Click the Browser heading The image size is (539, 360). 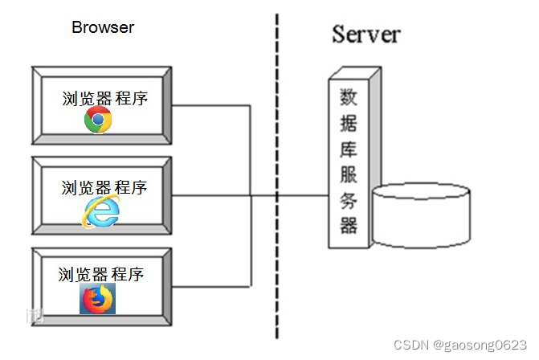(103, 27)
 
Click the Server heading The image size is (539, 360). (365, 34)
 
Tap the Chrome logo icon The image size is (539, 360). (98, 121)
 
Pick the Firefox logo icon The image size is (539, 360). (98, 299)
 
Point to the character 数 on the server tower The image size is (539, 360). (349, 99)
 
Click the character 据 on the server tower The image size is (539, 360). (349, 125)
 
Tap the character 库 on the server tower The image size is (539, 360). (349, 149)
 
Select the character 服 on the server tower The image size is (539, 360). (349, 174)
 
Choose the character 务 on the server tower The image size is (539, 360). (349, 199)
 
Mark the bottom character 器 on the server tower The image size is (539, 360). (349, 224)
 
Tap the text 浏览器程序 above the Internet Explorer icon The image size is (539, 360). (104, 188)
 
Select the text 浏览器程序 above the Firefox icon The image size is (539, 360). (101, 274)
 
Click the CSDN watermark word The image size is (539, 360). (410, 344)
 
